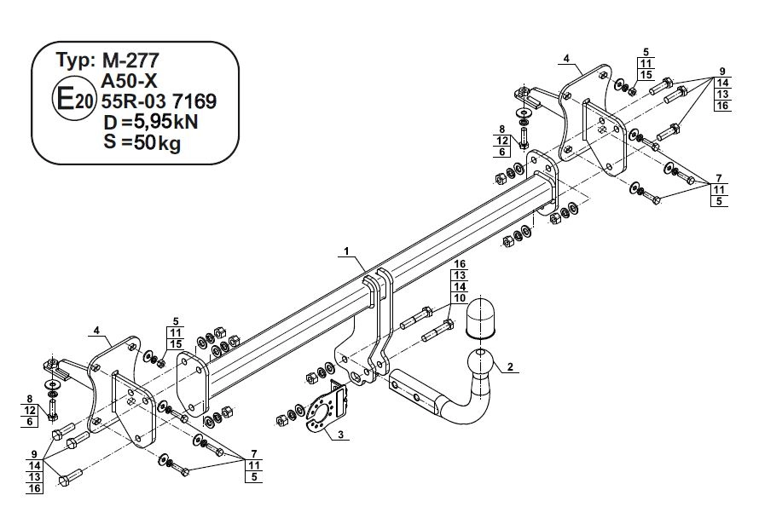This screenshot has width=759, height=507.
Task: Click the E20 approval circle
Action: click(74, 101)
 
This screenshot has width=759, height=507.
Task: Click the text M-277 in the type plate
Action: click(130, 60)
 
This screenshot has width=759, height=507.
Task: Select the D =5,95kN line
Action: click(151, 122)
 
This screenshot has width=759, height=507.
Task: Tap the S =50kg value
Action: click(142, 142)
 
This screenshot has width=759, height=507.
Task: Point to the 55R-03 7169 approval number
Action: click(159, 101)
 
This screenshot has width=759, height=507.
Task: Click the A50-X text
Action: click(129, 81)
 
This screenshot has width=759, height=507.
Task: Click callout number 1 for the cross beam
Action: click(346, 251)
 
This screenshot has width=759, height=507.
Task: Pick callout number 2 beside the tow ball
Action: click(510, 366)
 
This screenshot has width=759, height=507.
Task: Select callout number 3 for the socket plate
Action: click(341, 435)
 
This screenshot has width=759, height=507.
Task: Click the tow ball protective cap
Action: click(480, 316)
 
